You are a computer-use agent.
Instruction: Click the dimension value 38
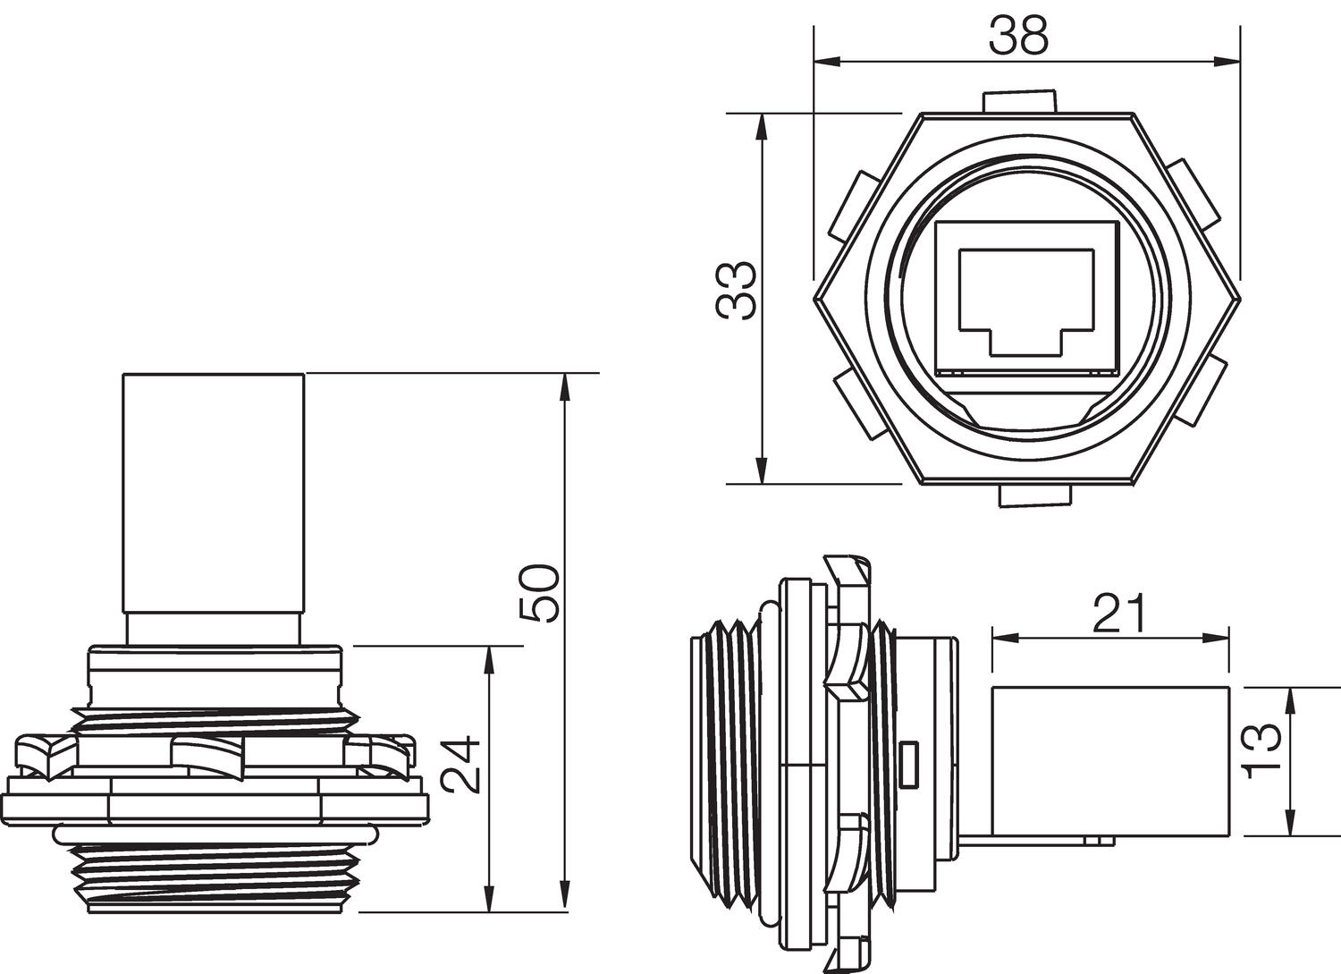pos(1018,37)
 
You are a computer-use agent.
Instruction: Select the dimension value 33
pos(738,291)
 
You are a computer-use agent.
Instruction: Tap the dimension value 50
pos(541,592)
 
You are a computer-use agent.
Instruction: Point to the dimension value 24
pos(464,765)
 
